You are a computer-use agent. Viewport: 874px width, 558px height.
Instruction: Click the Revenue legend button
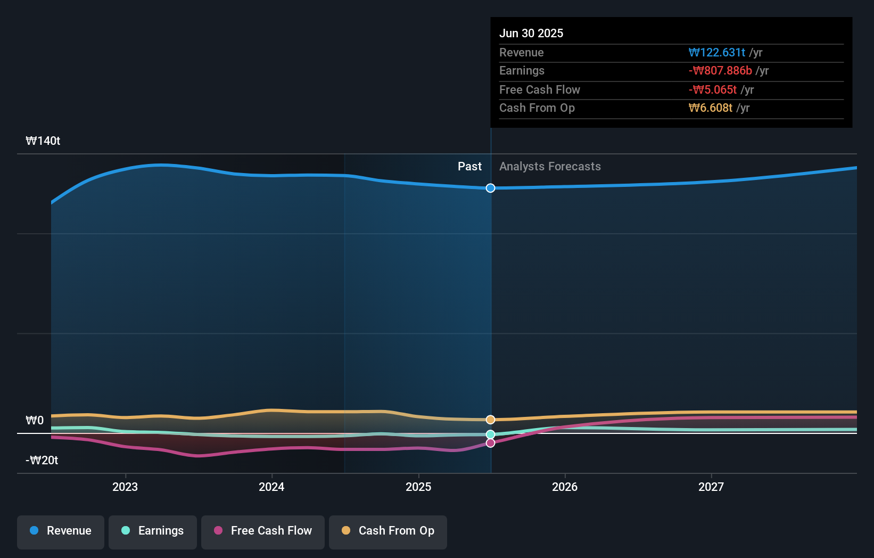coord(61,531)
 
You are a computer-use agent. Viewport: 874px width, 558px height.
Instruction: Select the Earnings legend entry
coord(153,531)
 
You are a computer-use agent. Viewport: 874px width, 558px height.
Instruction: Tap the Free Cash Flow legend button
coord(263,531)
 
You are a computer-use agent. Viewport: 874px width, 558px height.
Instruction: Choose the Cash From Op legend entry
coord(388,531)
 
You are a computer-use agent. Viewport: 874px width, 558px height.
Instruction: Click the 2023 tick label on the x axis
coord(125,487)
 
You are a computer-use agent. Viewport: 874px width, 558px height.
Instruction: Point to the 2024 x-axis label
coord(271,487)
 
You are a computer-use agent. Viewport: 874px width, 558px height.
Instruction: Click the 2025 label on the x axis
coord(418,487)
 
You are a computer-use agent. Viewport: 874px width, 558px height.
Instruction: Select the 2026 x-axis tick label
coord(565,487)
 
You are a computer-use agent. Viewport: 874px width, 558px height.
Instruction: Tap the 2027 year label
coord(711,487)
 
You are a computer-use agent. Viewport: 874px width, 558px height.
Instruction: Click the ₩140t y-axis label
coord(43,141)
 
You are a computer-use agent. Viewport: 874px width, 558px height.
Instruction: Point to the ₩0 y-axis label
coord(35,421)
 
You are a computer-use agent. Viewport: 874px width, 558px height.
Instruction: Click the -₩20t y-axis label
coord(42,461)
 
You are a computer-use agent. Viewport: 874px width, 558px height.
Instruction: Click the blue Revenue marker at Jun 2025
coord(491,188)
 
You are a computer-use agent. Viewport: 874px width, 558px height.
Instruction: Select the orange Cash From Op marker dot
coord(491,420)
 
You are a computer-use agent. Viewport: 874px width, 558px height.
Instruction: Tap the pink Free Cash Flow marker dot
coord(491,443)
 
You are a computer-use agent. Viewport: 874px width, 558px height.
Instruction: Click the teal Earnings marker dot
coord(491,434)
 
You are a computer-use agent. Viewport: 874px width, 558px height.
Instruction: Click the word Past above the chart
coord(469,167)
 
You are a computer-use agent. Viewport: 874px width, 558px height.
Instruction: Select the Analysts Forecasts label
coord(550,167)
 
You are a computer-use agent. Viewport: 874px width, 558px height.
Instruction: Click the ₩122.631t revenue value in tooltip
coord(716,53)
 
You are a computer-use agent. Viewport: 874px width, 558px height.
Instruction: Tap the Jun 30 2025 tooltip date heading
coord(531,34)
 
